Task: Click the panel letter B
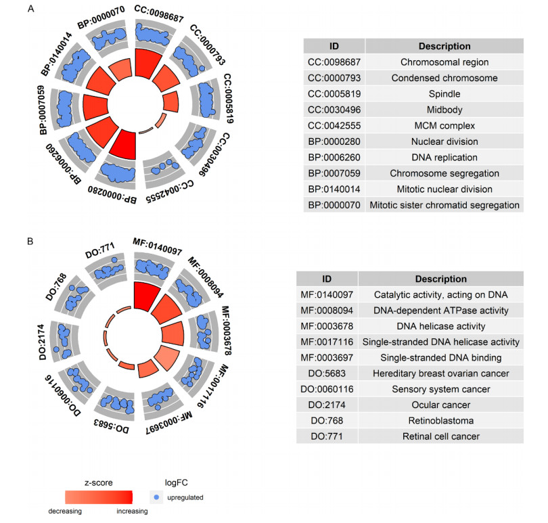pyautogui.click(x=30, y=241)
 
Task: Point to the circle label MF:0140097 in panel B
pyautogui.click(x=158, y=250)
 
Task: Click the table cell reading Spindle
pyautogui.click(x=444, y=94)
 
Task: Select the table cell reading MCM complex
pyautogui.click(x=444, y=126)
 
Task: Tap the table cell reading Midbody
pyautogui.click(x=444, y=110)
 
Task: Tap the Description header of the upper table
pyautogui.click(x=444, y=47)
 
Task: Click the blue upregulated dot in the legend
pyautogui.click(x=158, y=497)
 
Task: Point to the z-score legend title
pyautogui.click(x=98, y=482)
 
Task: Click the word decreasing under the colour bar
pyautogui.click(x=65, y=511)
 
